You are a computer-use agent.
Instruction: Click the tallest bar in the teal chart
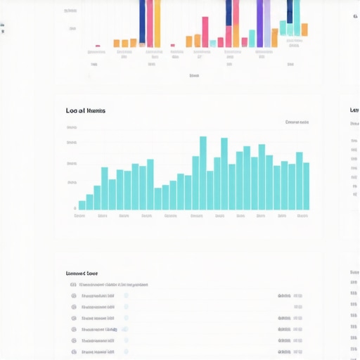tap(203, 172)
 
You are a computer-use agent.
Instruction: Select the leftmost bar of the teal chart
tap(82, 205)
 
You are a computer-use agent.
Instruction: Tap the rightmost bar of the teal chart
tap(306, 186)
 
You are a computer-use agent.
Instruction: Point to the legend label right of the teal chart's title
tap(297, 122)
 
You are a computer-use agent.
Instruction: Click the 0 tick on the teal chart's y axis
tap(75, 208)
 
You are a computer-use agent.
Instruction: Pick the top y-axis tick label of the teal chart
tap(72, 128)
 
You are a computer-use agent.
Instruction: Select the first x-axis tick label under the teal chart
tap(79, 216)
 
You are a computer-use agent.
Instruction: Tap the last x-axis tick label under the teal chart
tap(302, 216)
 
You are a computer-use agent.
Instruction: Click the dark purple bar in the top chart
tap(143, 22)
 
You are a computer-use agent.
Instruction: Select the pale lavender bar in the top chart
tap(267, 24)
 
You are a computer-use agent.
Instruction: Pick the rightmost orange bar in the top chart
tap(304, 30)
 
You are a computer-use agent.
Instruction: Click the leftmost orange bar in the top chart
tap(117, 43)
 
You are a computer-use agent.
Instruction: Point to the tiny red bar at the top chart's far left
tap(98, 46)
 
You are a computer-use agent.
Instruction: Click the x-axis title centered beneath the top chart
tap(194, 75)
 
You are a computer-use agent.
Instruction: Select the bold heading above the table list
tap(82, 273)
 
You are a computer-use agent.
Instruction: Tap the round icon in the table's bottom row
tap(73, 351)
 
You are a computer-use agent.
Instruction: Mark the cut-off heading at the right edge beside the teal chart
tap(355, 110)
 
